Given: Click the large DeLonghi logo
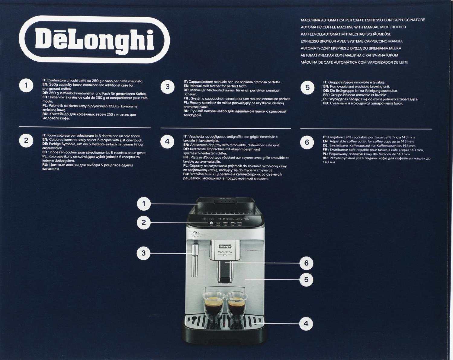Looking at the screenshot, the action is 94,40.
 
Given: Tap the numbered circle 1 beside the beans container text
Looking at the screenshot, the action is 26,85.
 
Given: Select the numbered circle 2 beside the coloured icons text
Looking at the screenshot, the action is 26,140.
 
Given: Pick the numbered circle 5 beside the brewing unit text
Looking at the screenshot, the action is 307,87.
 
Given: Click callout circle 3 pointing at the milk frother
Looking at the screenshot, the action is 143,253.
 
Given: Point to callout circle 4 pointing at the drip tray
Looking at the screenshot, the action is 306,323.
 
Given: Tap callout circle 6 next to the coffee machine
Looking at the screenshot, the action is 306,263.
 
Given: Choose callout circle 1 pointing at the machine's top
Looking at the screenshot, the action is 144,204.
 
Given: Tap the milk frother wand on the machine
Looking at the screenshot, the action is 195,260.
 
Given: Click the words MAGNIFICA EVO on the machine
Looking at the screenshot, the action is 225,253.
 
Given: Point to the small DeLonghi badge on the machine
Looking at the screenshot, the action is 225,246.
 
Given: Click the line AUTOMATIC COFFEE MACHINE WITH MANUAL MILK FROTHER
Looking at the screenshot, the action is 353,27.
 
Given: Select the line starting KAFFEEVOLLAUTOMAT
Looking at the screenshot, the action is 346,34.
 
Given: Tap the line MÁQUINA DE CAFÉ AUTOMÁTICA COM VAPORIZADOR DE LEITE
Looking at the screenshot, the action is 354,62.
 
